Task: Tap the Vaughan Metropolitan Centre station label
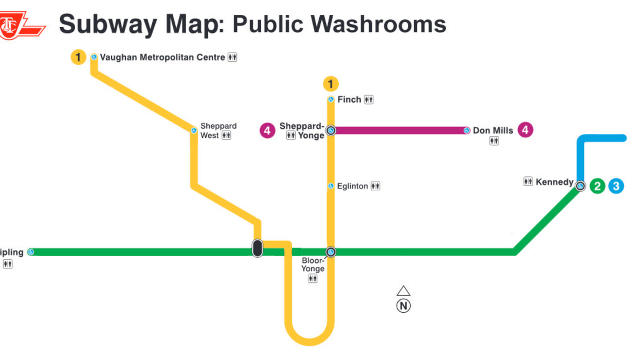click(x=162, y=58)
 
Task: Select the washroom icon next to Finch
click(x=369, y=100)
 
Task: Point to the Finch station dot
click(x=331, y=99)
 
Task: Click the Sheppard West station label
click(x=218, y=131)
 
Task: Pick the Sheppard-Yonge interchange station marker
click(x=331, y=131)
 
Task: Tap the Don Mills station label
click(x=492, y=131)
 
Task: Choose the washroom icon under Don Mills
click(x=494, y=141)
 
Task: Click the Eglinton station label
click(x=352, y=186)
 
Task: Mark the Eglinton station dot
click(x=331, y=186)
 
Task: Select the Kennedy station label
click(x=554, y=182)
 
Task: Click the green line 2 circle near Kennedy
click(x=597, y=186)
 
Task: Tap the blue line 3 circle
click(x=616, y=186)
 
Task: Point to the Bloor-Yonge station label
click(x=313, y=264)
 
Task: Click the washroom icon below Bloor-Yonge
click(x=313, y=279)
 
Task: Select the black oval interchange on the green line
click(x=258, y=248)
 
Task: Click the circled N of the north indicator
click(x=404, y=306)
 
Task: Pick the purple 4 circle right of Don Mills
click(x=525, y=130)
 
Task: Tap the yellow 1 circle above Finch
click(x=331, y=83)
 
